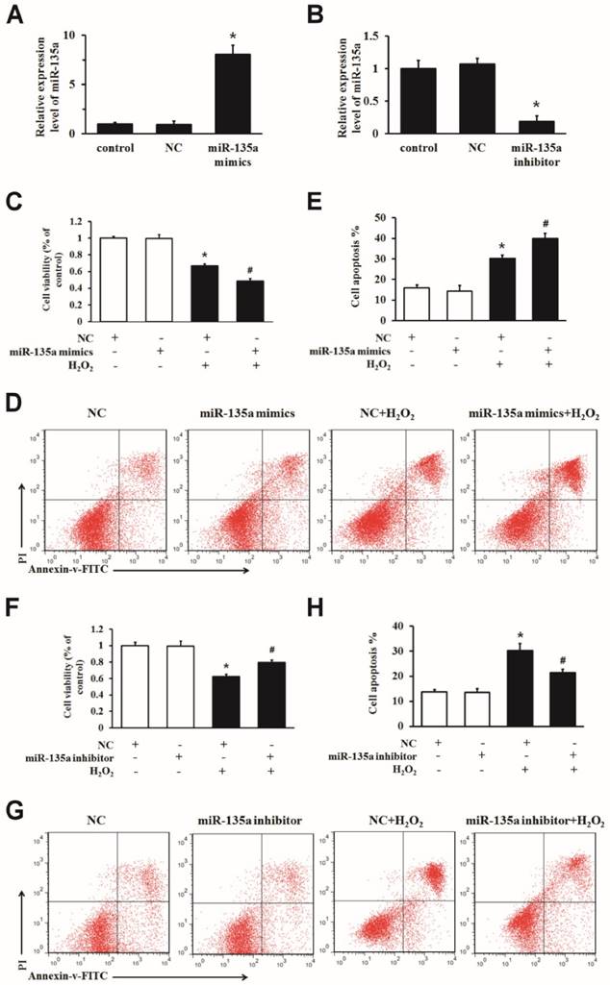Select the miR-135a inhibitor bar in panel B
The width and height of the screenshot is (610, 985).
pos(521,126)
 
